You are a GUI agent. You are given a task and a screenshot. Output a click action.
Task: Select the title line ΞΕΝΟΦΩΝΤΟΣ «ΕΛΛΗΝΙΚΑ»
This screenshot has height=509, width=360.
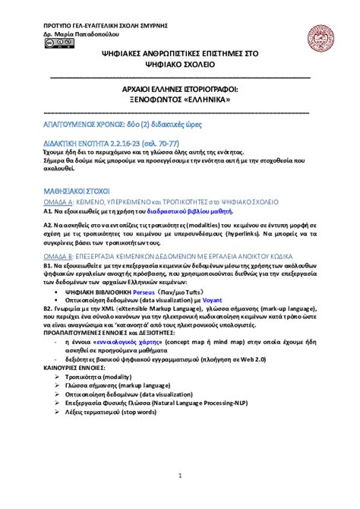pos(180,100)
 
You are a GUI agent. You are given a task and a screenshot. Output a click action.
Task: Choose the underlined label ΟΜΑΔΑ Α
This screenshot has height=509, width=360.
pos(58,203)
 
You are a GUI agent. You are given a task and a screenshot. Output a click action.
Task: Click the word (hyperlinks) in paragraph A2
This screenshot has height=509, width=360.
pos(264,236)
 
